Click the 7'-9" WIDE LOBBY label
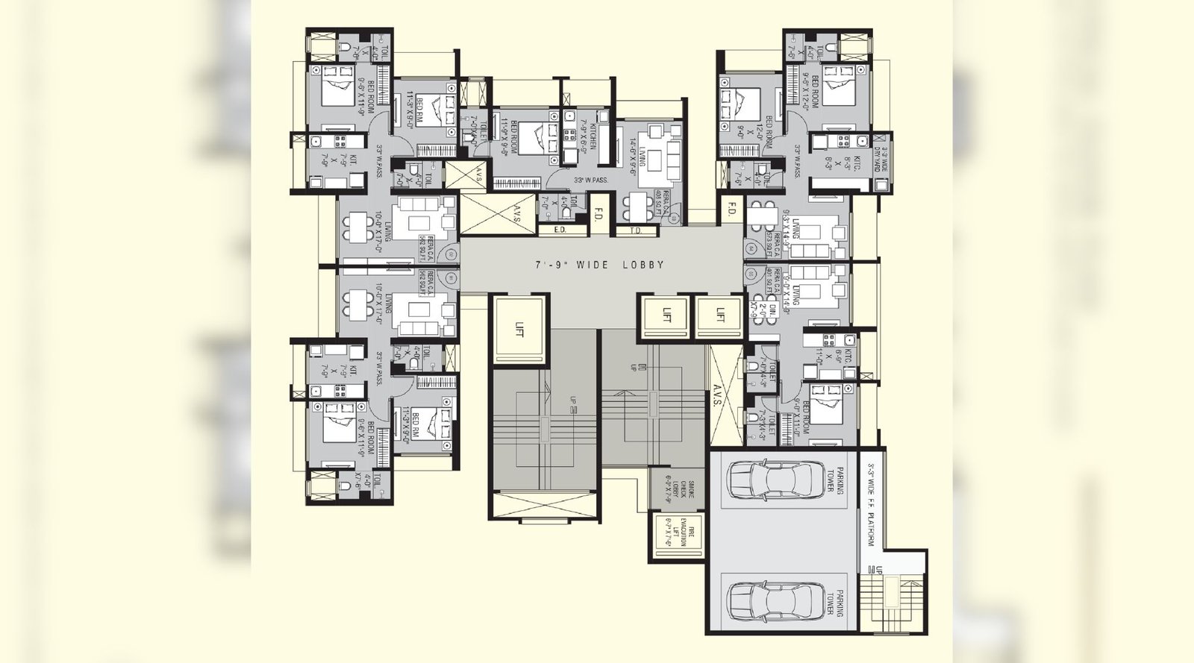(600, 265)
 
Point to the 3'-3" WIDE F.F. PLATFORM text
(870, 508)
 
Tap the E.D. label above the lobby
(560, 230)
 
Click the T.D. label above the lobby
(636, 230)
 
